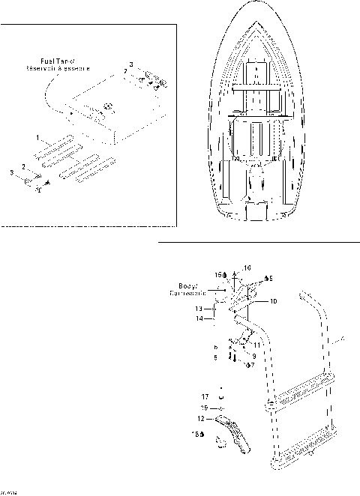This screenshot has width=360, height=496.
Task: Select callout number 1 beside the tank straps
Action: pos(37,138)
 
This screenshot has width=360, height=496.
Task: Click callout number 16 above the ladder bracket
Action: pos(249,267)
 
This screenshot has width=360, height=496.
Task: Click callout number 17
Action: pos(204,396)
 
